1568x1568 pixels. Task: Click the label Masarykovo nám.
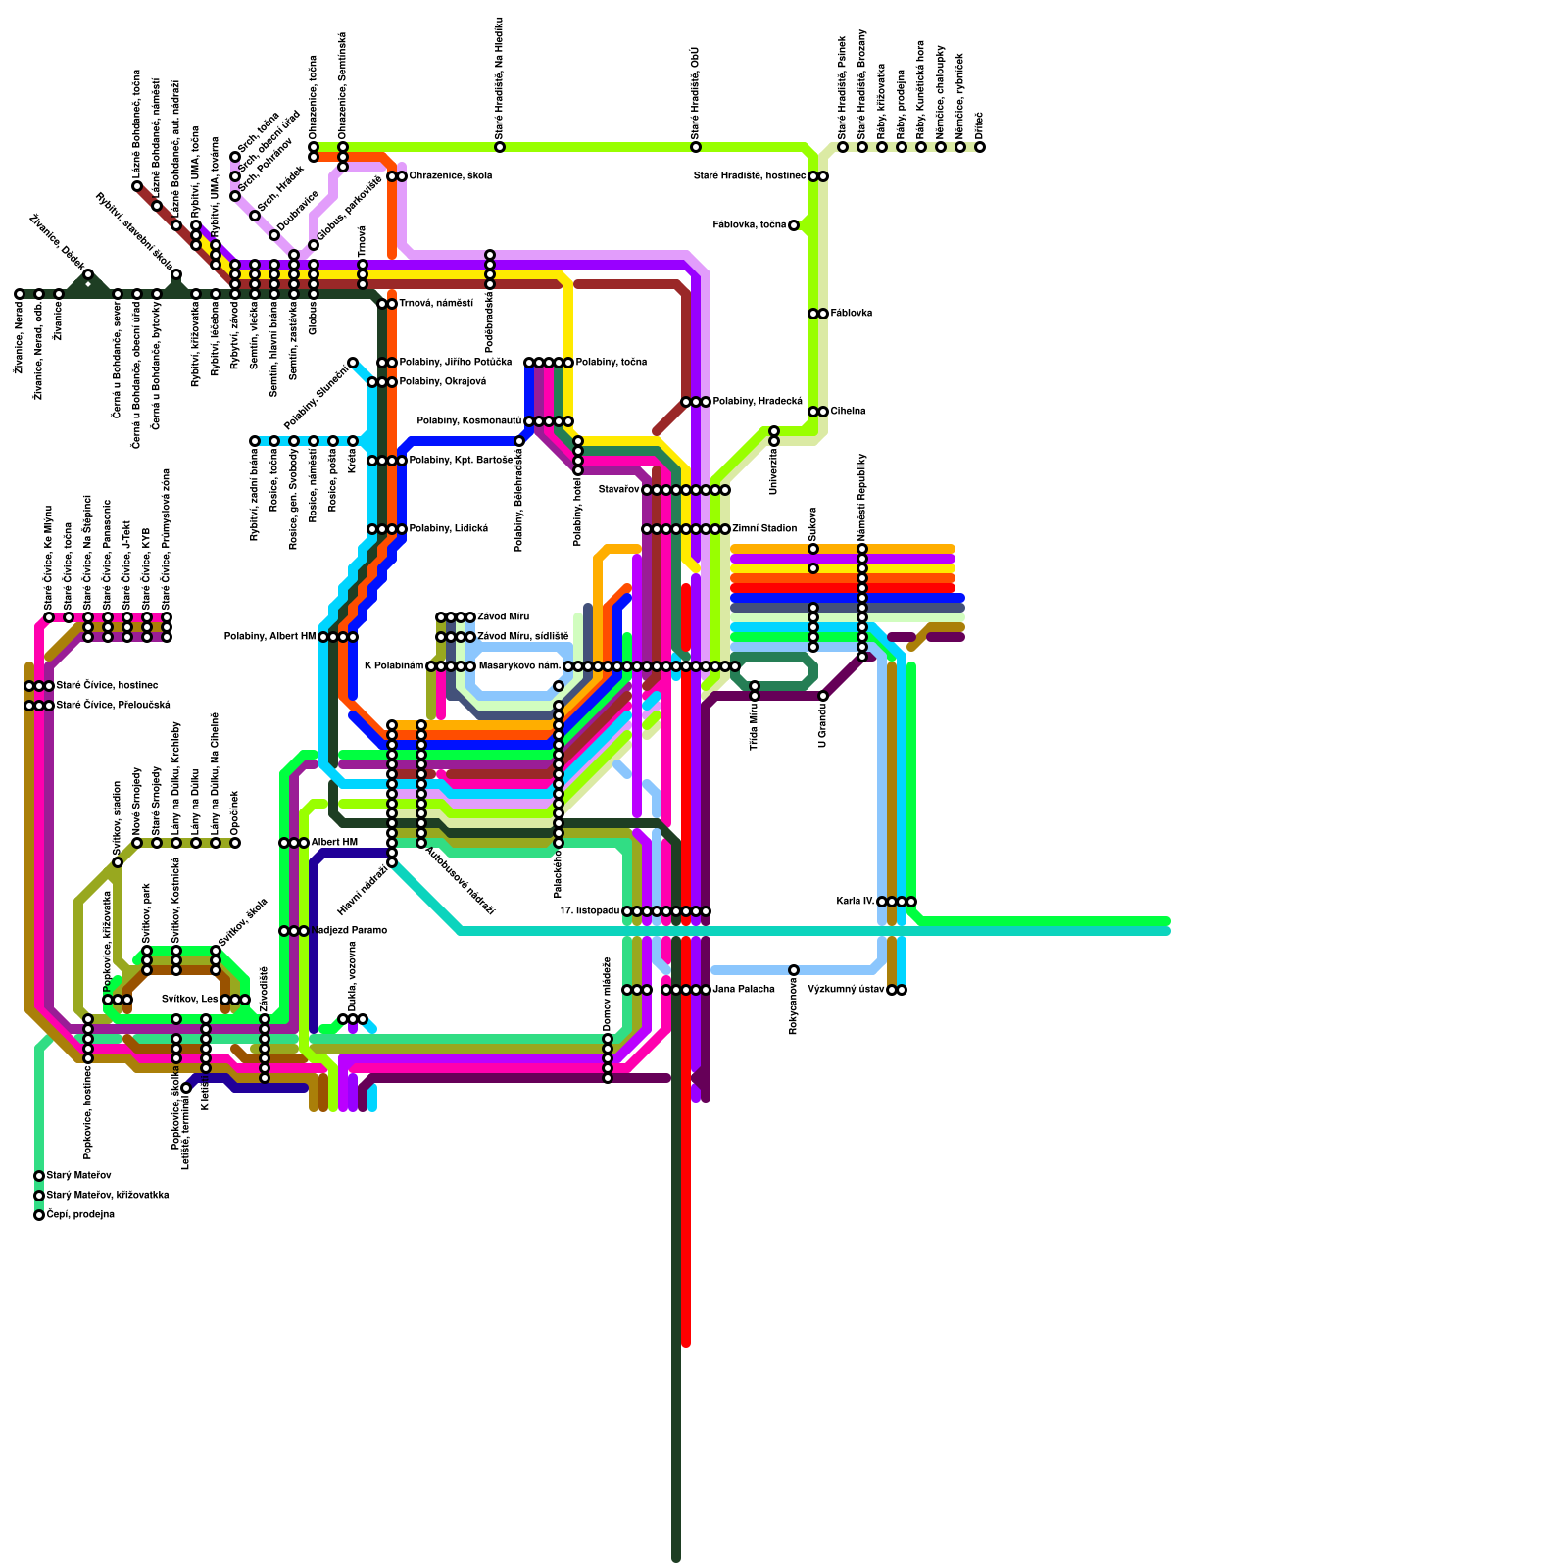point(518,666)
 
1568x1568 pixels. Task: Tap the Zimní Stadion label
point(763,529)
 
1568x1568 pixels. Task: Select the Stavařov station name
point(618,489)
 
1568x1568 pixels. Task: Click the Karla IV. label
point(856,901)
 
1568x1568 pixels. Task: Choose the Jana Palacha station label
point(743,990)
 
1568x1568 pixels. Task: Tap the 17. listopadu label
point(589,911)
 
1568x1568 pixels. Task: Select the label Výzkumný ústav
point(846,990)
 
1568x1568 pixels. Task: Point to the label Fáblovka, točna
point(751,225)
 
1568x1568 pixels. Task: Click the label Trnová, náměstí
point(436,304)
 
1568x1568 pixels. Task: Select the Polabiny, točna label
point(611,363)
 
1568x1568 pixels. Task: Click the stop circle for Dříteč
point(980,147)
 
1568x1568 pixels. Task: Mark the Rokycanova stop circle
point(794,970)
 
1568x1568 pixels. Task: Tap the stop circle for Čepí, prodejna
point(39,1215)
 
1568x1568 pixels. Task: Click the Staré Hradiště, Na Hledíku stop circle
point(500,147)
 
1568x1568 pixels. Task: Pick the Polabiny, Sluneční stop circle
point(353,363)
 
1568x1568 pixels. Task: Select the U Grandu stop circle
point(823,696)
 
